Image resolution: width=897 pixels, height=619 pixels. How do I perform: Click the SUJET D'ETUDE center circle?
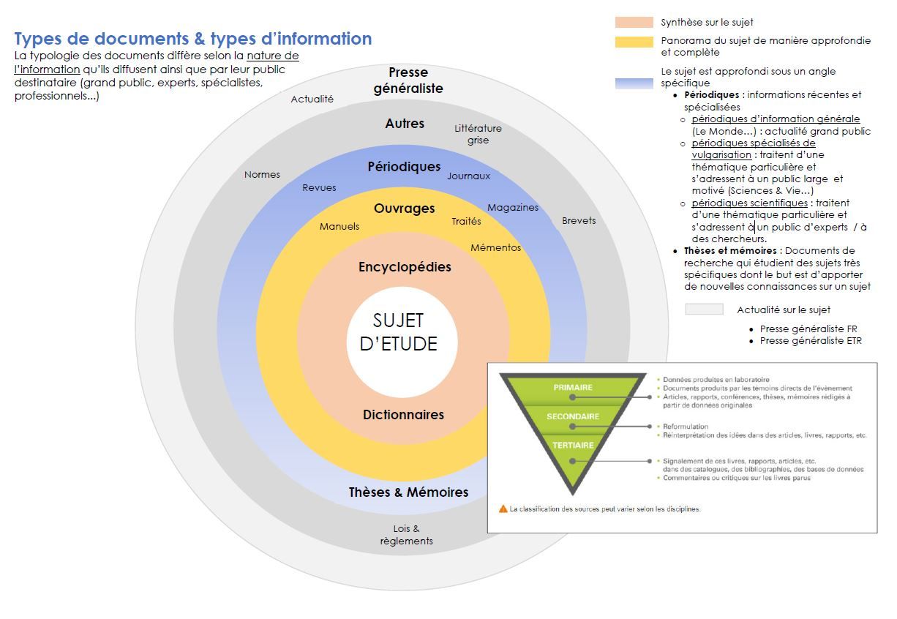(399, 333)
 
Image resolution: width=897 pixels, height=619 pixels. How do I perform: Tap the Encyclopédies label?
(405, 267)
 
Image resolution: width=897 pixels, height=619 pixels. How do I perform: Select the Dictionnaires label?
(403, 415)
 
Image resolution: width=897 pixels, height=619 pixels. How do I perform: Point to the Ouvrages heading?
(404, 209)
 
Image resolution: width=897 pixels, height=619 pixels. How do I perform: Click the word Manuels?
(339, 227)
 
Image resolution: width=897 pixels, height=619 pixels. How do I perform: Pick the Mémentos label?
(495, 247)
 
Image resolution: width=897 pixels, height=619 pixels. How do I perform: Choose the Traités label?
(466, 221)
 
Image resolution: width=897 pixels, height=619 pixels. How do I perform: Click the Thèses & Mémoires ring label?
(408, 492)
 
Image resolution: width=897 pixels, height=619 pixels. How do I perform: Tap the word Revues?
(319, 188)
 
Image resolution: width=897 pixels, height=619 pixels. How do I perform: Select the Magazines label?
(512, 208)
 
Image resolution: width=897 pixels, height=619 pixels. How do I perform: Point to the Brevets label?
(579, 220)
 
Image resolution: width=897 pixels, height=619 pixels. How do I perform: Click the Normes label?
(262, 175)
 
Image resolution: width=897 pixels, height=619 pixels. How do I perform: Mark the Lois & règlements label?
(406, 535)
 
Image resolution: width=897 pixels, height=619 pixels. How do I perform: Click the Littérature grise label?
(478, 134)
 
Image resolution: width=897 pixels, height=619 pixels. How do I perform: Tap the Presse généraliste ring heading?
(408, 80)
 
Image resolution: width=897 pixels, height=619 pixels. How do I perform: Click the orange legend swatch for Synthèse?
(634, 22)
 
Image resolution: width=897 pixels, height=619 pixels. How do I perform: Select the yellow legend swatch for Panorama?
(634, 42)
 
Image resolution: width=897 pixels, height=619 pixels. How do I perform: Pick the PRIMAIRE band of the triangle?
(573, 387)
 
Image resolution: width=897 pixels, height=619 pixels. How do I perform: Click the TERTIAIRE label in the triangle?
(573, 445)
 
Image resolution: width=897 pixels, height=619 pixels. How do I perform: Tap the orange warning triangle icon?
(503, 509)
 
